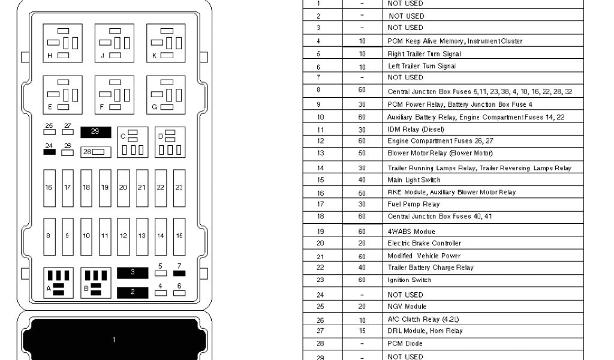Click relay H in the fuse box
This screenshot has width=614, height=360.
(x=62, y=43)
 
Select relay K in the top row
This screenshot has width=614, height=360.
(x=166, y=43)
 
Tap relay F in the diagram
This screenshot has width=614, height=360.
(x=114, y=94)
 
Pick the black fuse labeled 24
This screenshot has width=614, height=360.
(x=50, y=152)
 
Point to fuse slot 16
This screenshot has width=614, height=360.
(x=49, y=188)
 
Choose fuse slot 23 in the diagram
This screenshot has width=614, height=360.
(x=179, y=188)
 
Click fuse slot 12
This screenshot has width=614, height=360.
(x=124, y=236)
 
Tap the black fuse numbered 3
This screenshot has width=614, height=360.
(x=134, y=273)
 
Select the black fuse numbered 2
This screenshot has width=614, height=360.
(x=134, y=293)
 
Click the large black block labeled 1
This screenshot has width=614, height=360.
(x=114, y=340)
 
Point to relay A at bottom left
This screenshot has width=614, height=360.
(x=58, y=283)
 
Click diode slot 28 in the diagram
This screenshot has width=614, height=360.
(x=97, y=152)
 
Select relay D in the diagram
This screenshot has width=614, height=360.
(x=170, y=142)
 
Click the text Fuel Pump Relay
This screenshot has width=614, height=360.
(x=413, y=204)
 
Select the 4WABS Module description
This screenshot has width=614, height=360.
(x=411, y=232)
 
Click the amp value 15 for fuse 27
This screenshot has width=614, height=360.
(x=362, y=331)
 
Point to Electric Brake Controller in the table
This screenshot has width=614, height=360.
(x=424, y=244)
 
